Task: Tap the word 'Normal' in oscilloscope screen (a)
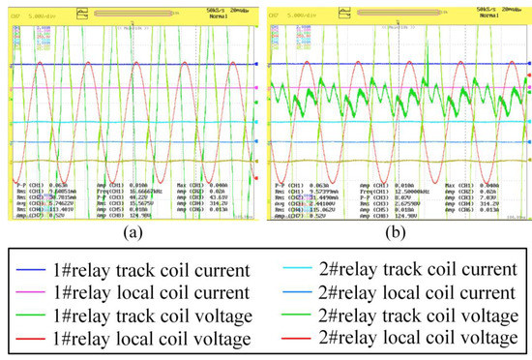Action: point(240,15)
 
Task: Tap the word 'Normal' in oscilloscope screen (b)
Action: point(503,15)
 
